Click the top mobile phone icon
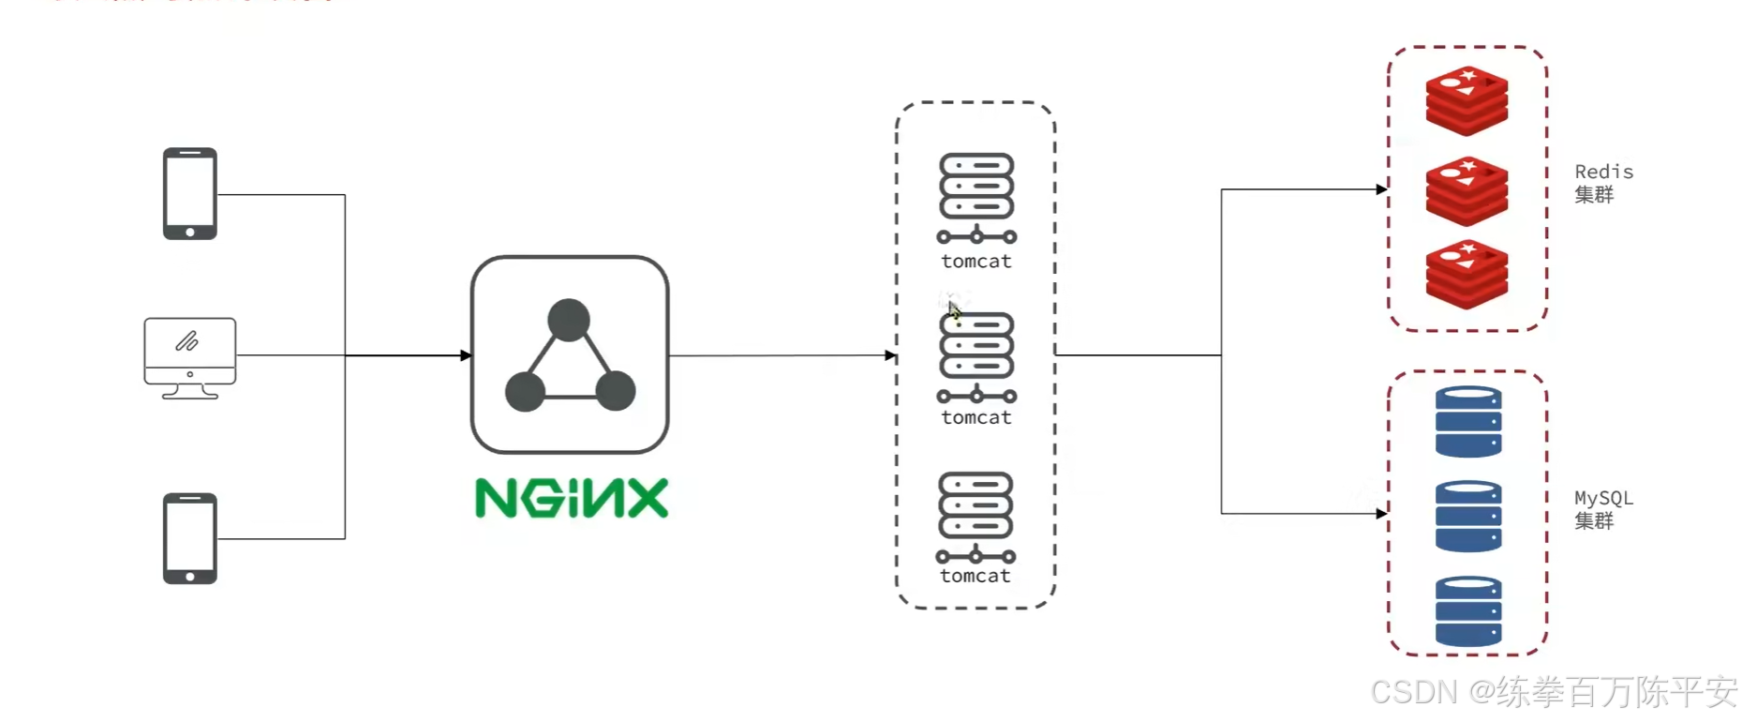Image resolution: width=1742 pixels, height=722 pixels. (190, 193)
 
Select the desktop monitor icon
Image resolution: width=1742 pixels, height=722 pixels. (190, 357)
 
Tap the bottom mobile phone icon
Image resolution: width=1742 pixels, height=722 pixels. (190, 538)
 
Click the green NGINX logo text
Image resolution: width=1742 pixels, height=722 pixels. (572, 498)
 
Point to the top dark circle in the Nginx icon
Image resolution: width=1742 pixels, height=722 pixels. (569, 320)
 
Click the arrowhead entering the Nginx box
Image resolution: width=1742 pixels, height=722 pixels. (466, 355)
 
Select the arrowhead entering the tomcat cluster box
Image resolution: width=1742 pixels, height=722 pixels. (890, 355)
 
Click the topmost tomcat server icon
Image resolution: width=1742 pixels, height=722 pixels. (976, 197)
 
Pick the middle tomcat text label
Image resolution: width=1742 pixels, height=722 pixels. (976, 418)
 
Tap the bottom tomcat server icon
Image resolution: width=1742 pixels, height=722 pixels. (975, 517)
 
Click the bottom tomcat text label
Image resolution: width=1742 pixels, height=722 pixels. (975, 577)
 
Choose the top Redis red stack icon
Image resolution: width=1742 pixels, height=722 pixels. (1467, 100)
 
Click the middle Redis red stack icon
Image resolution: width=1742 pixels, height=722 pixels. (1467, 191)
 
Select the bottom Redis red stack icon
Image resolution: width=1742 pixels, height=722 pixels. (1467, 275)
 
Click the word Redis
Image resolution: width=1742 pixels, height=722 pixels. (1603, 172)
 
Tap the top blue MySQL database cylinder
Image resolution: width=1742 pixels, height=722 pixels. (1468, 422)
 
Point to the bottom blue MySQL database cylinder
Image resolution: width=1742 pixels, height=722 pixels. (1468, 611)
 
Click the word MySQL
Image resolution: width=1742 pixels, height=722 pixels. (1603, 498)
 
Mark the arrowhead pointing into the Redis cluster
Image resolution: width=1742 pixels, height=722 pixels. (1381, 189)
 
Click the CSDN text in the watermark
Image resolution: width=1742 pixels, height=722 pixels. (1414, 692)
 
